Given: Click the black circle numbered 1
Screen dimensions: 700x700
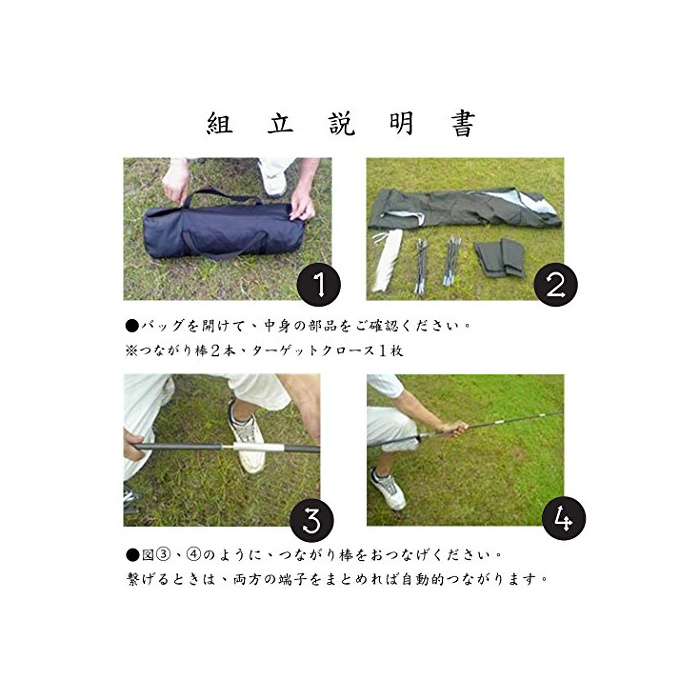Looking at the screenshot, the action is (319, 285).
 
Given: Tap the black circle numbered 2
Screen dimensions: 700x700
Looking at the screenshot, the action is (555, 285).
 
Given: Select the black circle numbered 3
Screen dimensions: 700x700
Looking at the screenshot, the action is (312, 520).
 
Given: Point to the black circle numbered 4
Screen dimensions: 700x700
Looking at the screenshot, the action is (563, 518).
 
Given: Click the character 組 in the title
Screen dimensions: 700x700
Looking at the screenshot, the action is (220, 123).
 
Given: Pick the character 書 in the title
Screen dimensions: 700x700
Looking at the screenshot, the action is (462, 124).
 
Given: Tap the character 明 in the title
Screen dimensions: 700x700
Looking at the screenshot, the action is (401, 123).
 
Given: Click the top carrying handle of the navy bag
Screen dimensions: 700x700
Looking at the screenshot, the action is (223, 195).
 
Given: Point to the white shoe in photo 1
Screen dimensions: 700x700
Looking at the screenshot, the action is (273, 180).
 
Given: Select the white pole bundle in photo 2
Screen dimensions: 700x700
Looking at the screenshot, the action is (385, 261).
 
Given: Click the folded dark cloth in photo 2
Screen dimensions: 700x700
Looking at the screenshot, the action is (499, 258).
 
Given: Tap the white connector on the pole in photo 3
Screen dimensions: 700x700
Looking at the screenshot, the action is (257, 447).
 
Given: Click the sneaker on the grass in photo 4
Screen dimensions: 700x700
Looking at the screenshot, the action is (388, 489).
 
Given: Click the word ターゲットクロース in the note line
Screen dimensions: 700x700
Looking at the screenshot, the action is (313, 351).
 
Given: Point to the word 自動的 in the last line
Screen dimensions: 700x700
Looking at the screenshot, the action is (423, 579).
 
